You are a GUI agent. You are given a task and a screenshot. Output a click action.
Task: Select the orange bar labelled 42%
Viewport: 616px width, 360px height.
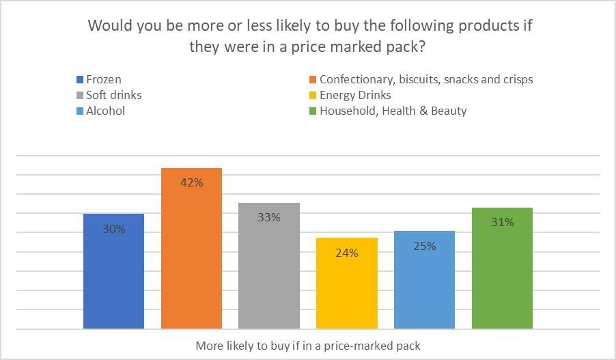pos(191,260)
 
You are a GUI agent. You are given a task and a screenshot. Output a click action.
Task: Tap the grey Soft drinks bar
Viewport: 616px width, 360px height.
pos(269,273)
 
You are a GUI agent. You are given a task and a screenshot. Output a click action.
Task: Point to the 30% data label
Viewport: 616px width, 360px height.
pos(114,230)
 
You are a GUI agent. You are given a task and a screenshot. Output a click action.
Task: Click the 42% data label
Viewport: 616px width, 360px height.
pos(191,182)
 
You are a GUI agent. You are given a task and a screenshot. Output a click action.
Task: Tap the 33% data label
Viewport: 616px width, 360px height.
pos(269,217)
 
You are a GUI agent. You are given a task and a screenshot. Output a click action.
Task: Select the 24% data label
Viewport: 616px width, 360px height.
pos(347,253)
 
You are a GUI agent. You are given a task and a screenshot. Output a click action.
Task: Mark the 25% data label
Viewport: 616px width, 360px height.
pos(424,246)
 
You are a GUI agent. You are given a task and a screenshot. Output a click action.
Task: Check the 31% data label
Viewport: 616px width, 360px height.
pos(502,222)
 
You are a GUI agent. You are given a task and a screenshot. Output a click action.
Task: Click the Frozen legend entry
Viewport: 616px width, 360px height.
pos(103,79)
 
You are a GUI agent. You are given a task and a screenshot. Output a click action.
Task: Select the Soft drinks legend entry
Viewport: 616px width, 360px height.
pos(113,95)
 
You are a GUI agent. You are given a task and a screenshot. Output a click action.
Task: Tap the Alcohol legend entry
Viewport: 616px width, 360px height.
pos(105,111)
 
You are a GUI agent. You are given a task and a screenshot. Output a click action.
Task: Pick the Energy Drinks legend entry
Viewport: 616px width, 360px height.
pos(354,95)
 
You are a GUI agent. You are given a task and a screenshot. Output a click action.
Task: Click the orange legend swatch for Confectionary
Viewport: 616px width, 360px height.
pos(313,79)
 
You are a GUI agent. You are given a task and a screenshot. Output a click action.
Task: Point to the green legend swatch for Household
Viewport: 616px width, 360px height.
pos(313,111)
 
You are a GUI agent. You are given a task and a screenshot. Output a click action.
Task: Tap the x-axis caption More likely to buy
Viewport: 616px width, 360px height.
pos(308,346)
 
